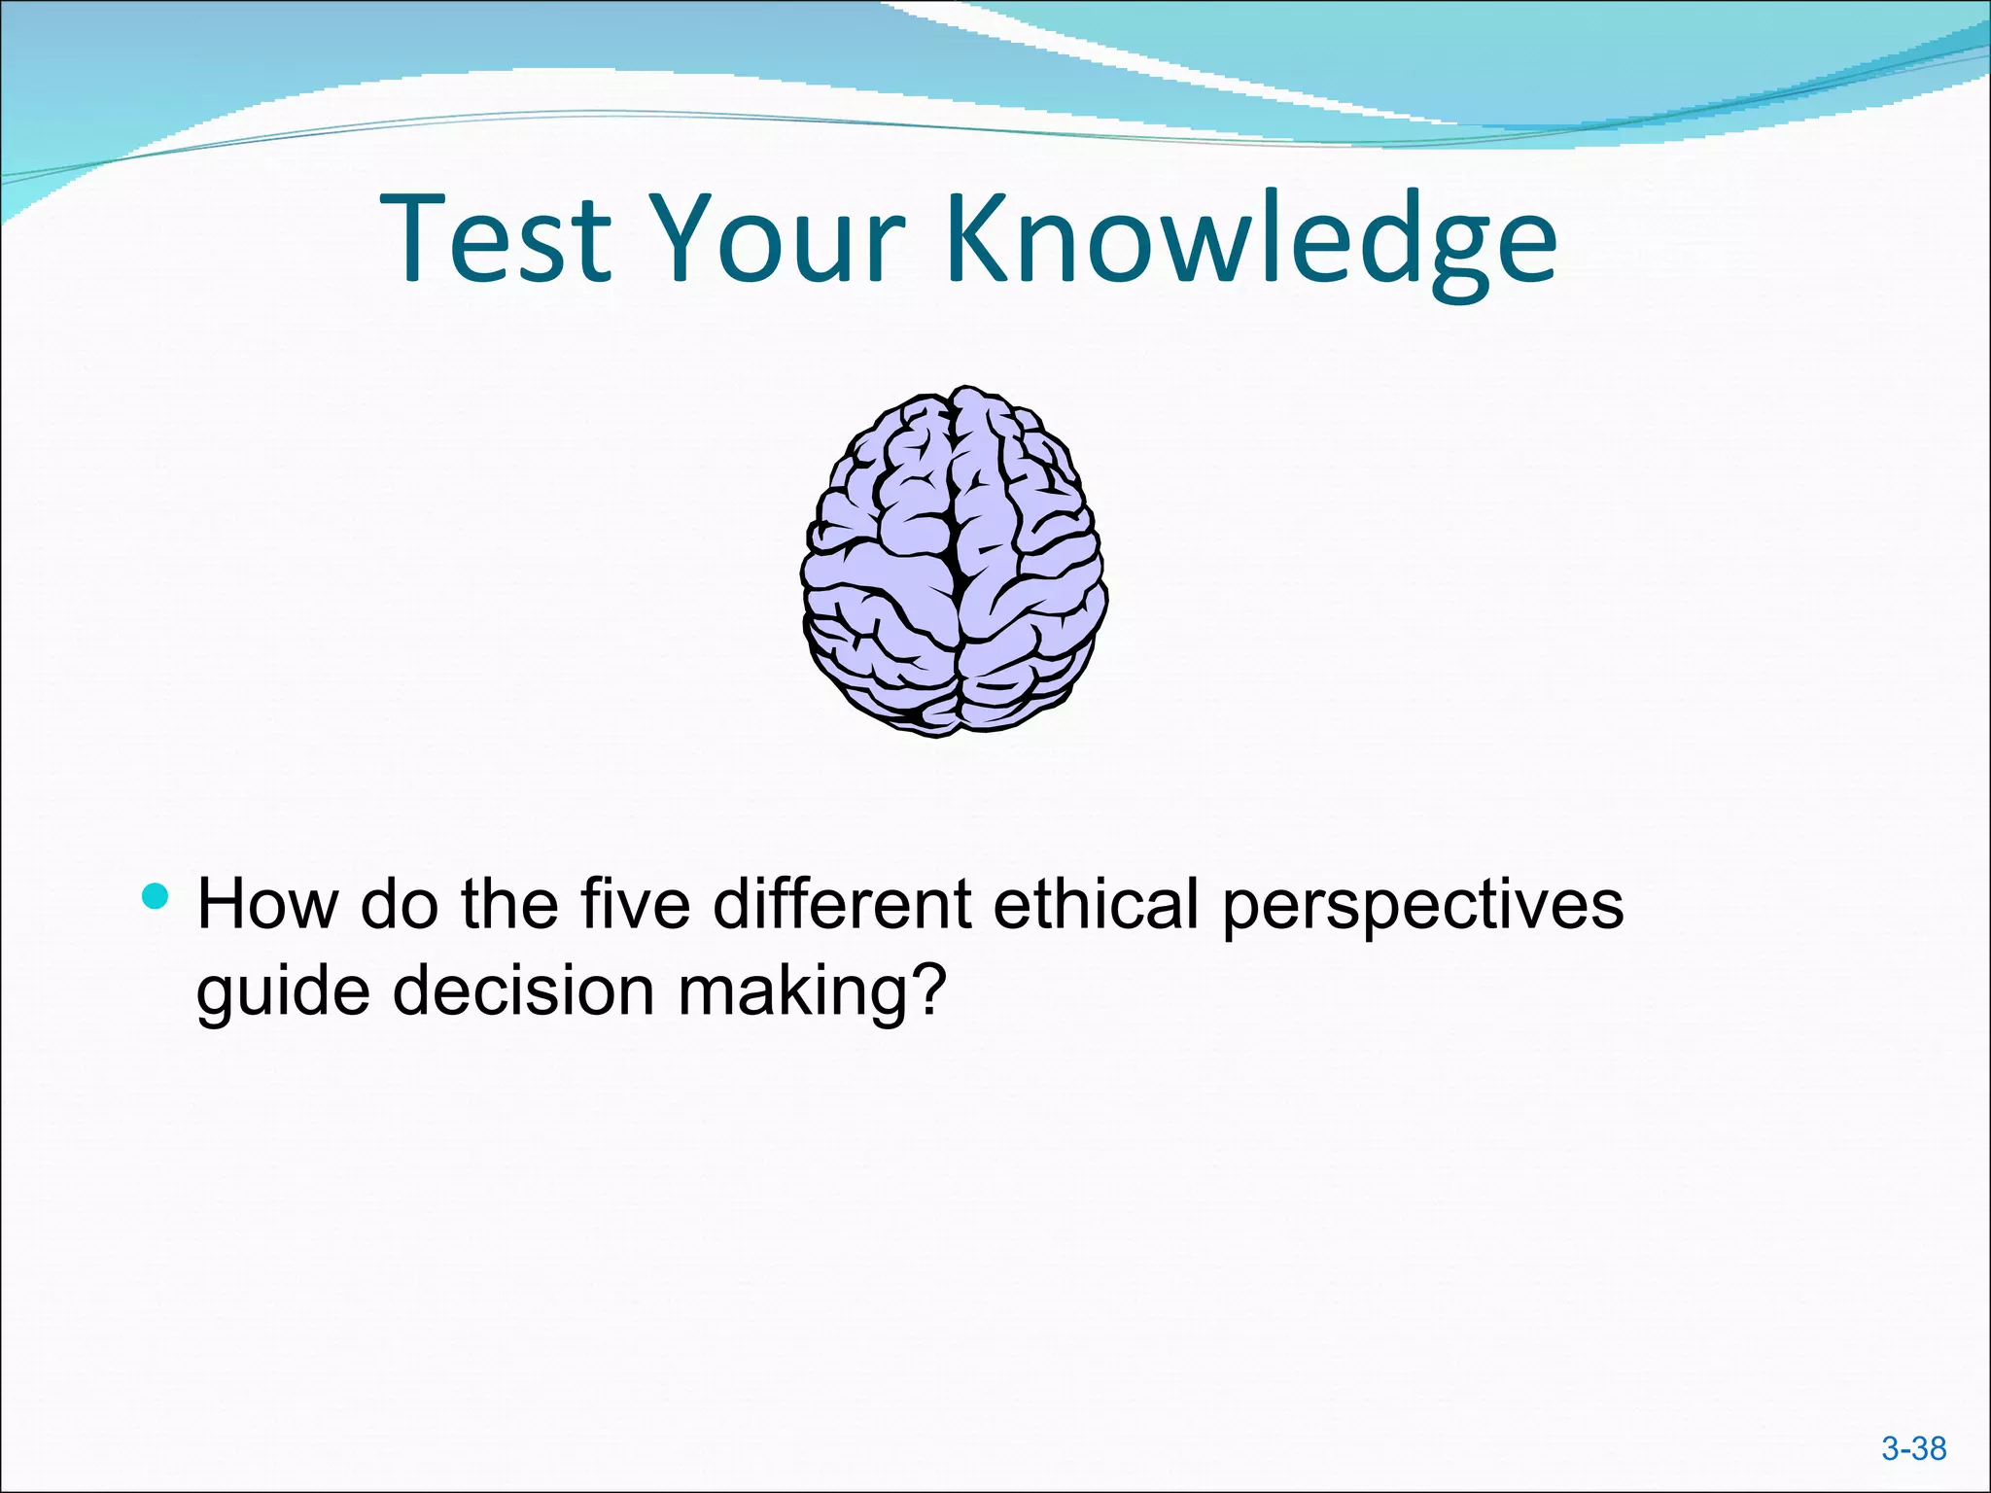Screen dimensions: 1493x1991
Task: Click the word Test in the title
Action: [496, 238]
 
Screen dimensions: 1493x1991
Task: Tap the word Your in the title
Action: [778, 238]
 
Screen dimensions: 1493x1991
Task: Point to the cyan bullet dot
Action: [155, 895]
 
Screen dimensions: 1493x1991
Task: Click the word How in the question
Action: [266, 904]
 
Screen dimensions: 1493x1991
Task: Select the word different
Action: [842, 904]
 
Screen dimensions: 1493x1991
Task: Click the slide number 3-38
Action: [1913, 1448]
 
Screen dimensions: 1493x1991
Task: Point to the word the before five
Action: [509, 904]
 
